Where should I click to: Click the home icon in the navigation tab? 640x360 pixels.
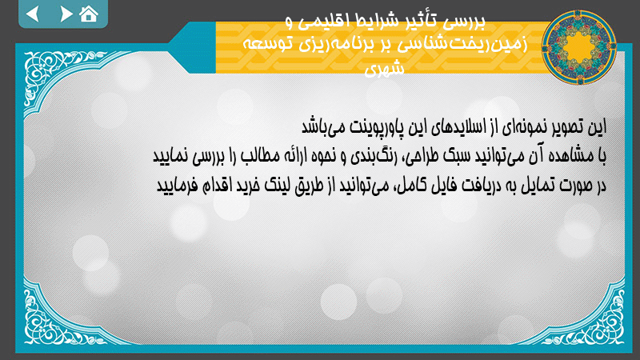pos(89,14)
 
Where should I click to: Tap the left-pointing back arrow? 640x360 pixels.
pos(33,14)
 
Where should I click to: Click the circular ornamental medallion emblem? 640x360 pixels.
pos(578,47)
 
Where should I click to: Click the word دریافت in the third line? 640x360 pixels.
pos(466,186)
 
